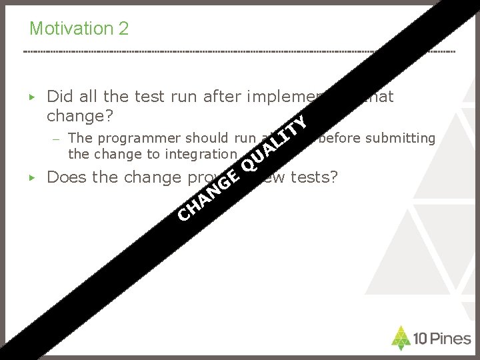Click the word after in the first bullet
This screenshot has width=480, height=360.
tap(220, 97)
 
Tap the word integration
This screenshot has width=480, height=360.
tap(201, 154)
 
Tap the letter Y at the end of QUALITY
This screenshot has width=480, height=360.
tap(301, 123)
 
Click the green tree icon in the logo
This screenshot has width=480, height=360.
tap(401, 337)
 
